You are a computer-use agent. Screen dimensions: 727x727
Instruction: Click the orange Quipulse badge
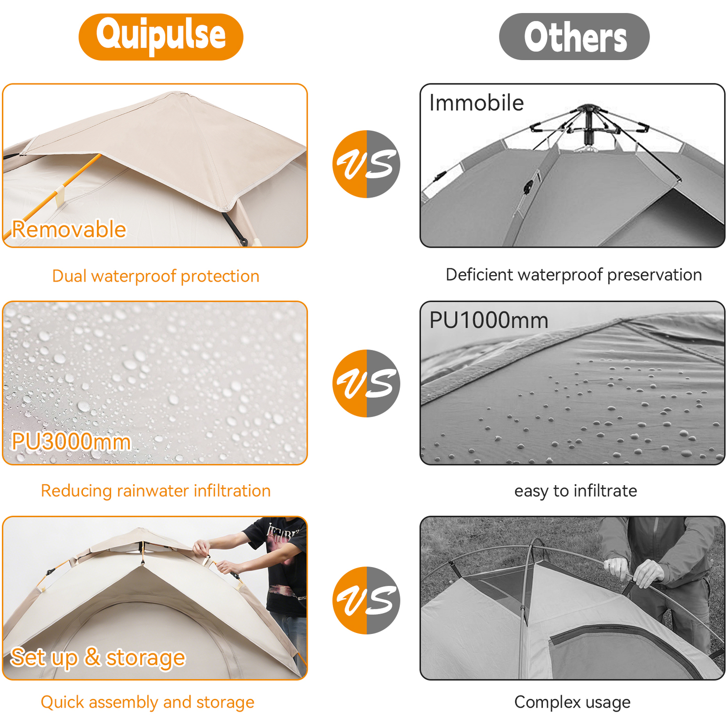[161, 37]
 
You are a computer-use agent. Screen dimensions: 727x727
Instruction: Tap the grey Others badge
[574, 37]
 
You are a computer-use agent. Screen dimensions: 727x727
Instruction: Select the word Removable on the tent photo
[69, 229]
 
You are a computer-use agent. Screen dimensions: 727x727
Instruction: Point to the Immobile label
[476, 103]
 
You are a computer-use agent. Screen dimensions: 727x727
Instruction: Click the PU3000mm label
[71, 442]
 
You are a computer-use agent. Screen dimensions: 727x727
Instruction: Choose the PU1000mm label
[489, 320]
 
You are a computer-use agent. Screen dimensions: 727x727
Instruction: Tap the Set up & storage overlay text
[98, 658]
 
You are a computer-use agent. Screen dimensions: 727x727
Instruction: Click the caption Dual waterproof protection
[156, 276]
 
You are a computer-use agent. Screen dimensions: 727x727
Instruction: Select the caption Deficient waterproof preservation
[574, 275]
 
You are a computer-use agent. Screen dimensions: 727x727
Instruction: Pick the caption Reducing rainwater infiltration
[156, 491]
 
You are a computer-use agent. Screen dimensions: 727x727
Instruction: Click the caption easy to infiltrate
[576, 491]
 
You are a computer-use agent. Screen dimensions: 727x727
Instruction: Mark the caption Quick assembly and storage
[147, 702]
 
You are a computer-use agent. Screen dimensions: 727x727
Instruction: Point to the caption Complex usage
[572, 702]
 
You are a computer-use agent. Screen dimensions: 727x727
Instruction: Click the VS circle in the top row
[366, 164]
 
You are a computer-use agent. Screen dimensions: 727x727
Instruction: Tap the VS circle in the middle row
[366, 383]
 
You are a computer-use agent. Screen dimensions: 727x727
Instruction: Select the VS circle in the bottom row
[366, 601]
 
